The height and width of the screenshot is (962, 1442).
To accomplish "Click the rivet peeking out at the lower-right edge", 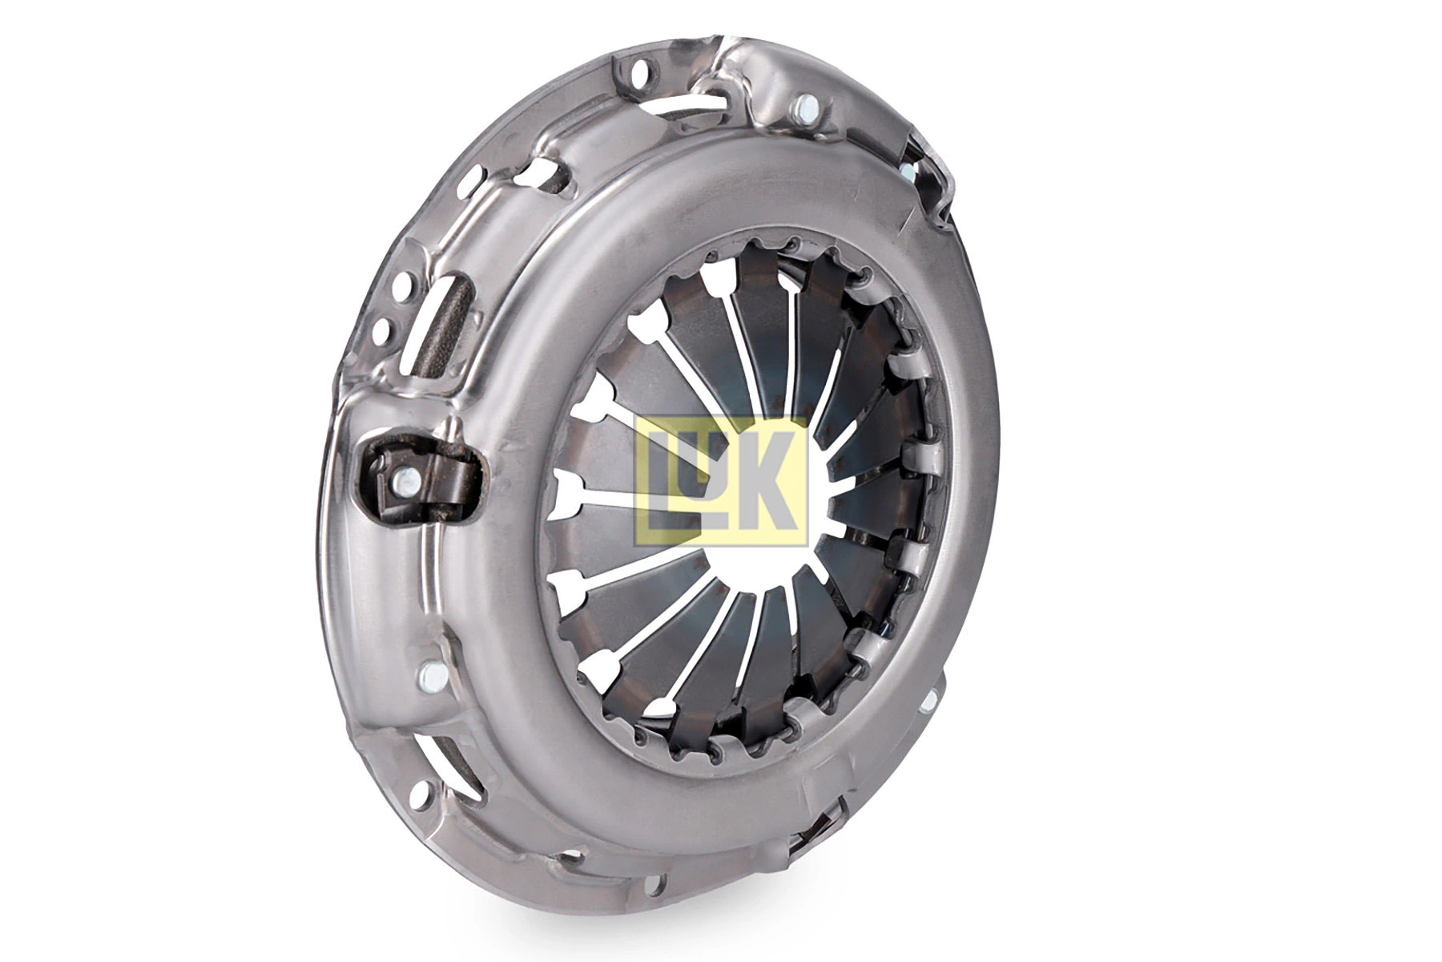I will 928,699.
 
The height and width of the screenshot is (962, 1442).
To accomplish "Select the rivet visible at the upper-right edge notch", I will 908,172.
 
